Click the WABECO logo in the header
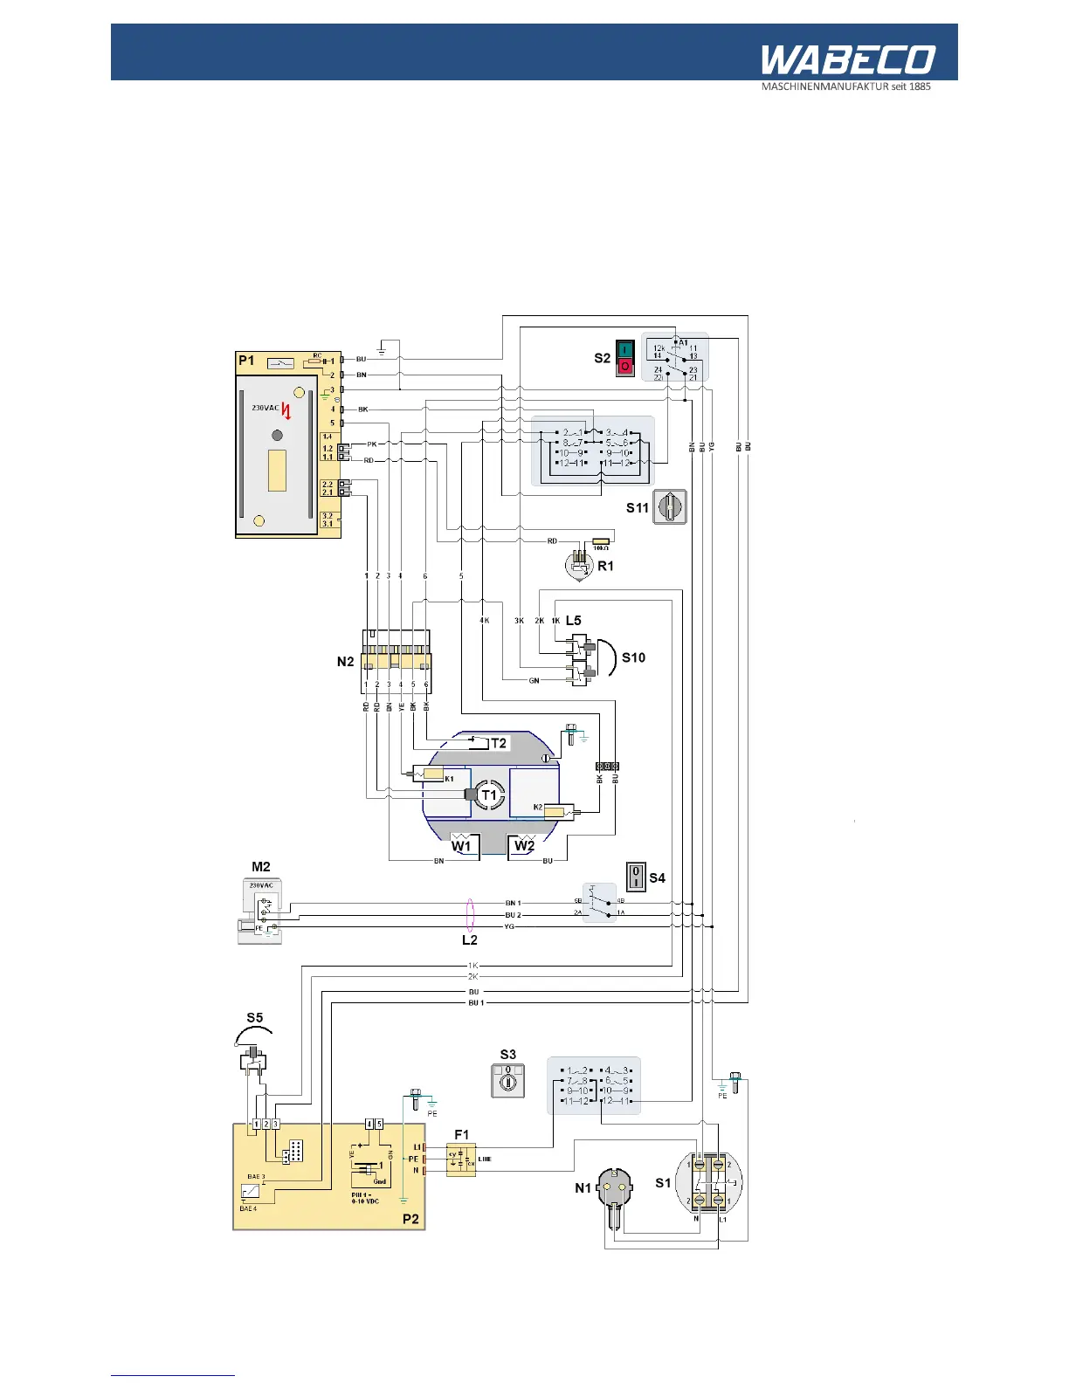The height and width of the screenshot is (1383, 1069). click(847, 60)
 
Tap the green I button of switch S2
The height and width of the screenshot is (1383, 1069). click(624, 349)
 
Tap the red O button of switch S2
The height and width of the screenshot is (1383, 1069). click(624, 367)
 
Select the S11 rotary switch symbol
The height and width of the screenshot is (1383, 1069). click(671, 506)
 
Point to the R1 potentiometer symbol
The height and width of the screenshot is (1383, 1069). click(579, 563)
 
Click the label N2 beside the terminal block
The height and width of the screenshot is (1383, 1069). click(345, 662)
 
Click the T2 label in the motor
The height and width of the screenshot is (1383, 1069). click(498, 743)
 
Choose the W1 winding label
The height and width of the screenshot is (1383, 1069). click(461, 845)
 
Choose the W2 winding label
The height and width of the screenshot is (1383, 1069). click(524, 845)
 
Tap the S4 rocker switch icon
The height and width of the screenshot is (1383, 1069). click(636, 876)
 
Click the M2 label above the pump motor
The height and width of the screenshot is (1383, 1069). click(260, 867)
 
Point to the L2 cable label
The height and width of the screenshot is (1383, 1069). click(470, 940)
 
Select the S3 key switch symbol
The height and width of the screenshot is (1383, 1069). click(507, 1081)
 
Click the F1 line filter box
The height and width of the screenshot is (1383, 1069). click(461, 1159)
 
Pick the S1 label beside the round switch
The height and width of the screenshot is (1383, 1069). click(663, 1183)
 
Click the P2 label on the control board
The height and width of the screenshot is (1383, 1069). click(410, 1219)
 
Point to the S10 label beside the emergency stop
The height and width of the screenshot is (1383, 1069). click(633, 657)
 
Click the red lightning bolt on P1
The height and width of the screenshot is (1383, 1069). click(286, 411)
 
